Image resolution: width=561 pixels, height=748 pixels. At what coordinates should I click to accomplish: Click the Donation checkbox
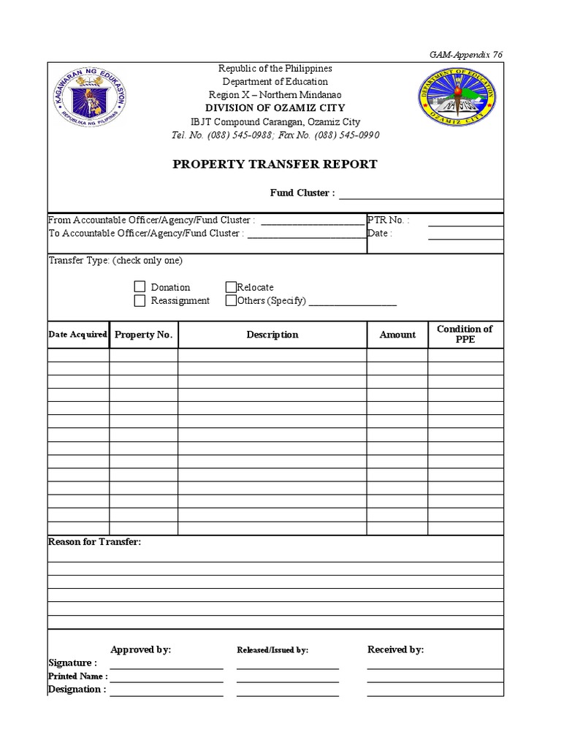(x=140, y=287)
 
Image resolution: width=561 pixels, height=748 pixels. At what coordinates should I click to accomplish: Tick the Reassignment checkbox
(x=140, y=300)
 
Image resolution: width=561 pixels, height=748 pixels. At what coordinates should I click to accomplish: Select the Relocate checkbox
(x=231, y=287)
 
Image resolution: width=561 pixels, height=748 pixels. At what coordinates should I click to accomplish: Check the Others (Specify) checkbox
(x=231, y=300)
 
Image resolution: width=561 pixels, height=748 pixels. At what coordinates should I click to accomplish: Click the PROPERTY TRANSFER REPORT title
(x=275, y=164)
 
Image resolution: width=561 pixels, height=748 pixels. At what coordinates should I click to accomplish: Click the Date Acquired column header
(x=78, y=335)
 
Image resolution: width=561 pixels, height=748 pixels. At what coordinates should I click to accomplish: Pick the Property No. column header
(x=143, y=335)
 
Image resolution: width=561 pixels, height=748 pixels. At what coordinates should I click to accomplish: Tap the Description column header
(x=272, y=335)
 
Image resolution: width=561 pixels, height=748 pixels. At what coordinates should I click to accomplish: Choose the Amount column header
(x=397, y=335)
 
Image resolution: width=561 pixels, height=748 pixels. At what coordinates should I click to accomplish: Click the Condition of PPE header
(x=465, y=335)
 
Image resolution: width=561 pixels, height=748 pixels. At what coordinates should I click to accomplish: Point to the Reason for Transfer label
(x=94, y=542)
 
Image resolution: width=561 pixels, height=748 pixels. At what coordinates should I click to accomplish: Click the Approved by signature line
(x=167, y=666)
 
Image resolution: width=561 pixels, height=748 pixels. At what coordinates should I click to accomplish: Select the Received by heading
(x=395, y=649)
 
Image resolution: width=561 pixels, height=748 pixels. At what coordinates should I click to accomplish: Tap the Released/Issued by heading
(x=272, y=650)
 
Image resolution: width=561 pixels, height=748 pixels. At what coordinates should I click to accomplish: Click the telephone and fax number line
(x=275, y=135)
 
